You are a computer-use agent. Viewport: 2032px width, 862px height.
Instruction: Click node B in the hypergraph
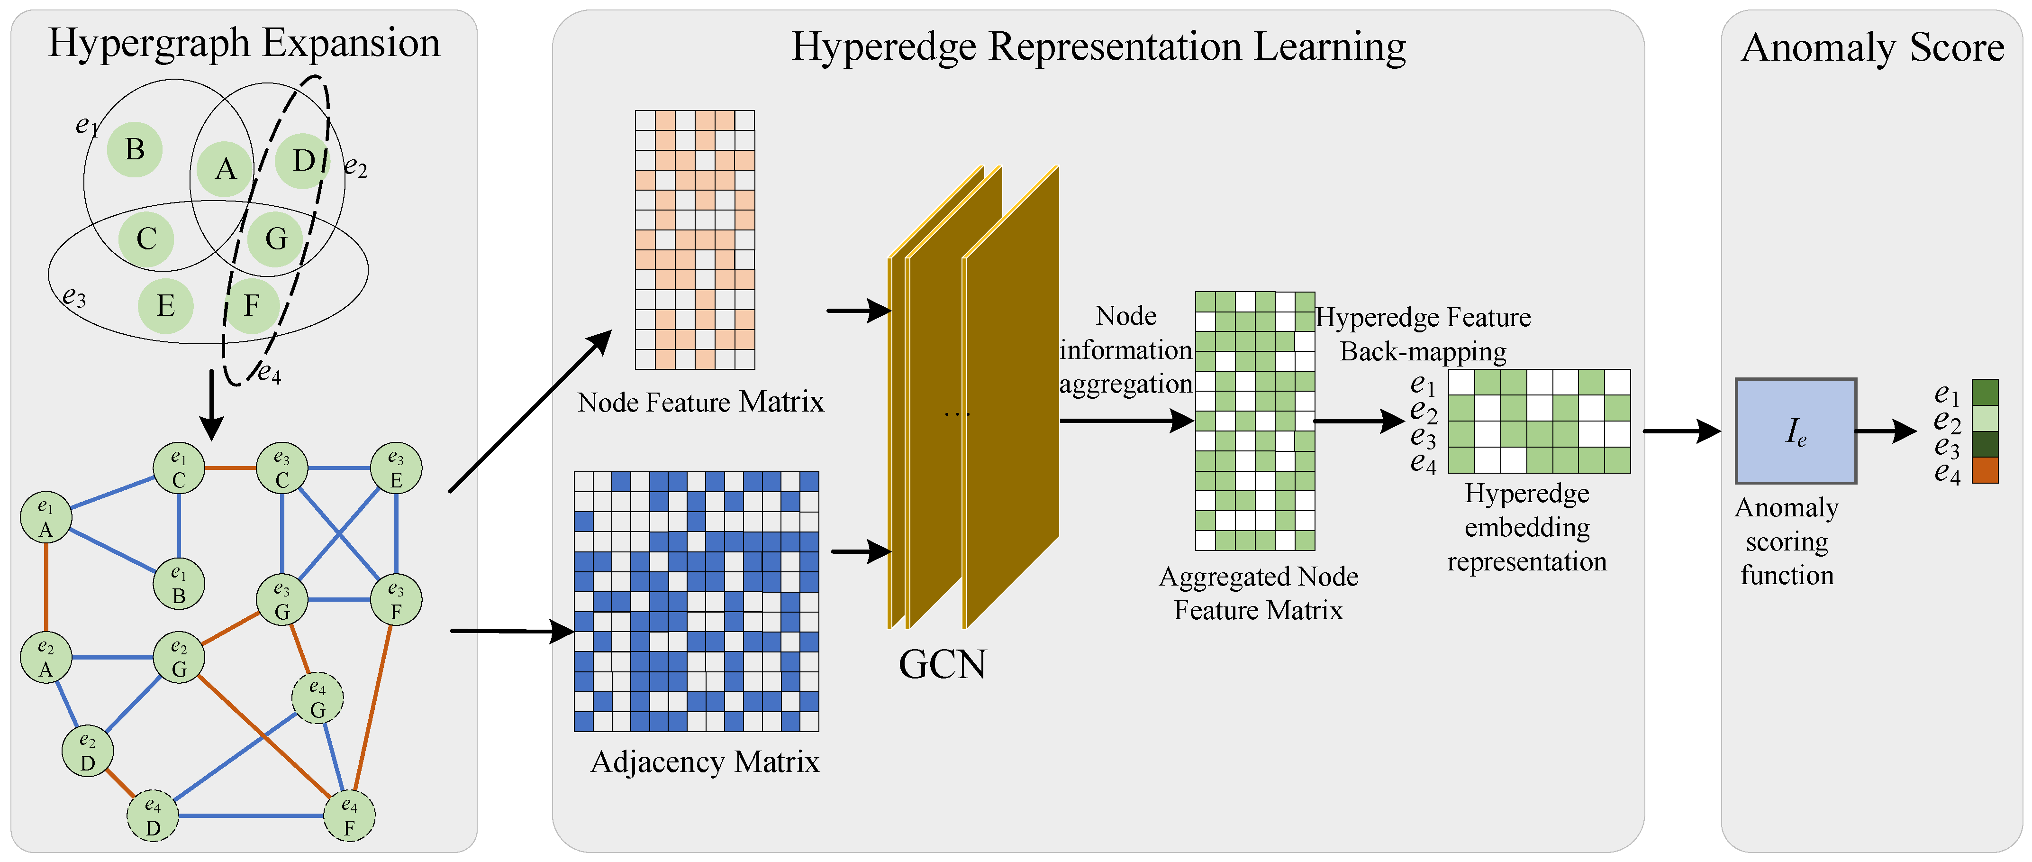click(135, 149)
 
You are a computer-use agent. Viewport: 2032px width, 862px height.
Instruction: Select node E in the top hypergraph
click(166, 305)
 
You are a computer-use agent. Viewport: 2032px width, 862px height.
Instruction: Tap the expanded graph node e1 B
click(179, 584)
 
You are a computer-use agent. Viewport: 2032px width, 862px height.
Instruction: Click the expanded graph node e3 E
click(396, 468)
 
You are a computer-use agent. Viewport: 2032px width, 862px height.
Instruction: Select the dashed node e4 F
click(349, 816)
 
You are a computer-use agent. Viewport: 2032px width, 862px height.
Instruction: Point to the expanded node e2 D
click(88, 752)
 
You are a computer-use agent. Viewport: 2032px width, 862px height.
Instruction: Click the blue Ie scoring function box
click(1796, 431)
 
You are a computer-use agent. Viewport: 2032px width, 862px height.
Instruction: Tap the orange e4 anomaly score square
click(1985, 470)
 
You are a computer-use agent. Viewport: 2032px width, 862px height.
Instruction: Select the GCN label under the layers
click(942, 665)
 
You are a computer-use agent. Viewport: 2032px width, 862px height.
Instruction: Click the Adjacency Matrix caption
click(704, 762)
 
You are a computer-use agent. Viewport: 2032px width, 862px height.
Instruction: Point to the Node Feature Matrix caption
click(700, 403)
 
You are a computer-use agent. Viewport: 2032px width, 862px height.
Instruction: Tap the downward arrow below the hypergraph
click(210, 404)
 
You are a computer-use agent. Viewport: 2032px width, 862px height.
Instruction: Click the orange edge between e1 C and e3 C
click(230, 468)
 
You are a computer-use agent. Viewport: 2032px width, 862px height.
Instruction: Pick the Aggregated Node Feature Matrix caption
click(1258, 594)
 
